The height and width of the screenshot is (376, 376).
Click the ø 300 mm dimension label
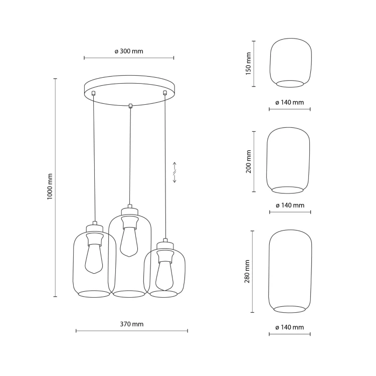tap(129, 51)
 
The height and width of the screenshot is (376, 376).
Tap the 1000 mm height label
tap(50, 187)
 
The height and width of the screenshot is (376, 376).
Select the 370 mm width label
tap(132, 324)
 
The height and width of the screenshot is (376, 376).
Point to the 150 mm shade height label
tap(249, 64)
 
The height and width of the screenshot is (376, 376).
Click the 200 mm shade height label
tap(249, 161)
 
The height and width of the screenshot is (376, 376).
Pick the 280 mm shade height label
tap(247, 271)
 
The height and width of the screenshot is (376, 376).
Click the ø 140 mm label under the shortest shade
tap(290, 103)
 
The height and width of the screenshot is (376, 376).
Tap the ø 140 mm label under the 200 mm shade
tap(290, 206)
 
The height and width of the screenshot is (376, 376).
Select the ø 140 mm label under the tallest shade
tap(290, 327)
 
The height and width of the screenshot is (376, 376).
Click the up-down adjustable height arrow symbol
tap(174, 172)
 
